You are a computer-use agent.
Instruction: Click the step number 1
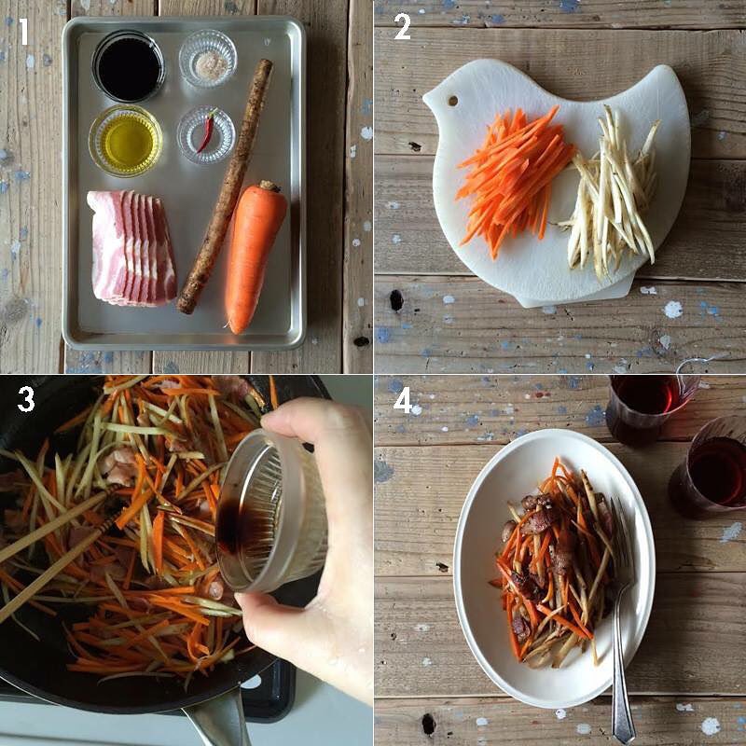pos(22,32)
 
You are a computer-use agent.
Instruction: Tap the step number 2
pos(402,27)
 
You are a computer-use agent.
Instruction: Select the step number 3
pos(26,399)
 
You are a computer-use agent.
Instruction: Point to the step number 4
pos(403,401)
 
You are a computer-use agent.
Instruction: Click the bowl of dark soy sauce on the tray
pos(129,66)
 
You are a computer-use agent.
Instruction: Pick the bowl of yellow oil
pos(126,141)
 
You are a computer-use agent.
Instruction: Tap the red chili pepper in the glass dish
pos(207,131)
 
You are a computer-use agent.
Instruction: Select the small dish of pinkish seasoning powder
pos(208,59)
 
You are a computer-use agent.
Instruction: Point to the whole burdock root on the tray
pos(226,186)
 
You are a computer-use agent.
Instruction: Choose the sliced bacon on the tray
pos(131,247)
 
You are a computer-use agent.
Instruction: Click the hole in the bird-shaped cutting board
pos(453,101)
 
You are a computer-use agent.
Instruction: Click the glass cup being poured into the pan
pos(271,510)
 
